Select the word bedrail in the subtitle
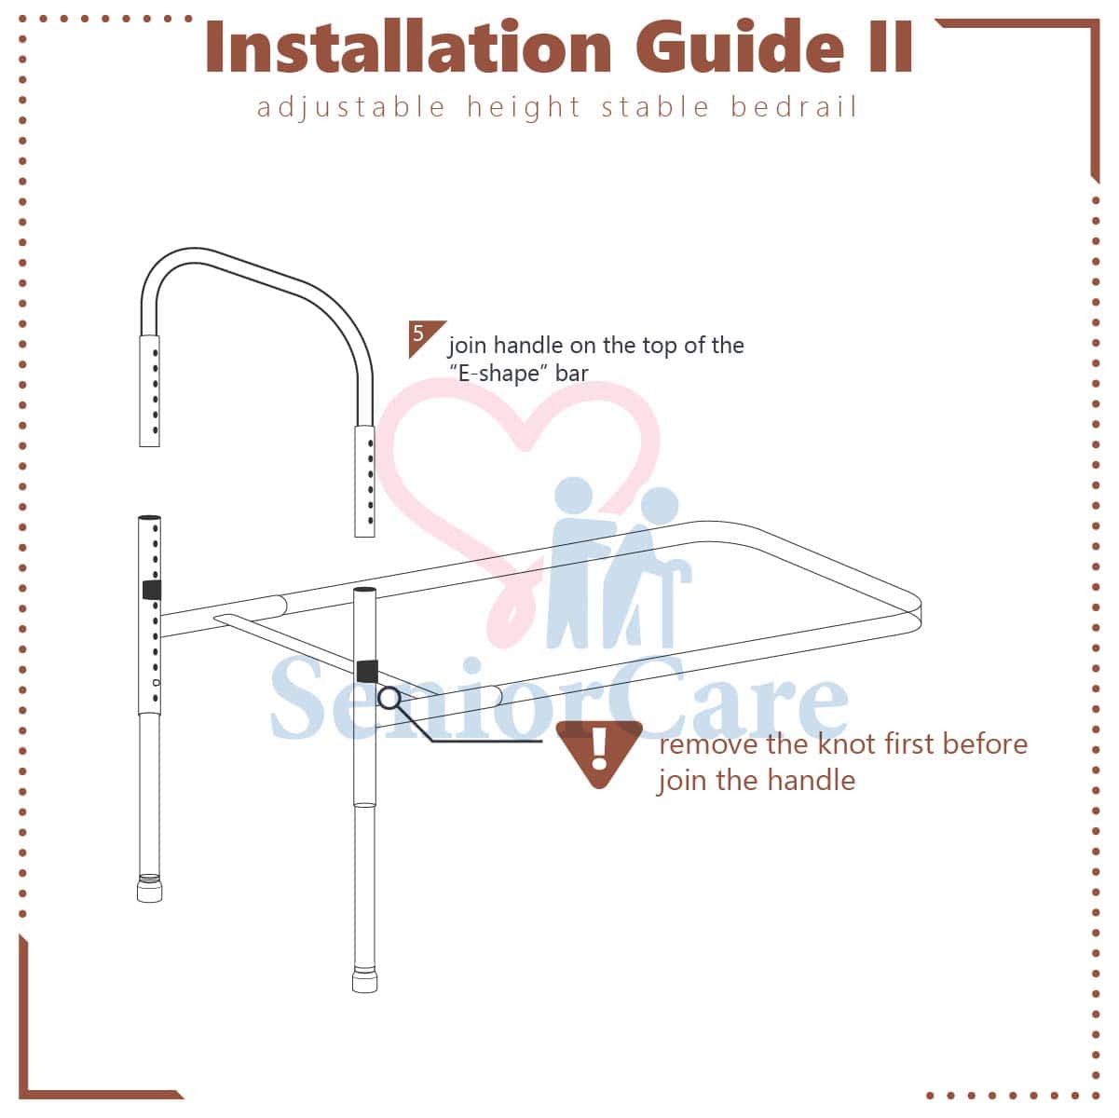(x=793, y=107)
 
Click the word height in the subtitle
(x=524, y=108)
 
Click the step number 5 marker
(x=425, y=338)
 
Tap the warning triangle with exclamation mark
(x=599, y=754)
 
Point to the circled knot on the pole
(x=389, y=698)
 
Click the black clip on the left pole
(x=152, y=590)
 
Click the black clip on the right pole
(x=367, y=672)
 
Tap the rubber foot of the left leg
(x=149, y=889)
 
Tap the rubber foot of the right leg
(x=364, y=978)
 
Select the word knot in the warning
(x=842, y=744)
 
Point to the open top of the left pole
(x=150, y=517)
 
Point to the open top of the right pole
(x=364, y=589)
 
